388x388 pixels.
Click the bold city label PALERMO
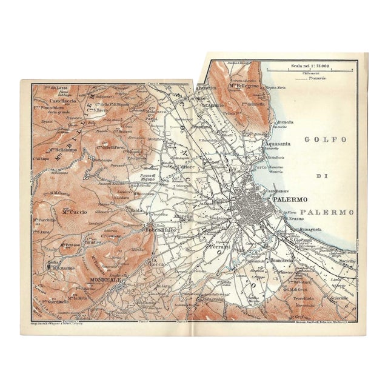[x=290, y=199]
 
